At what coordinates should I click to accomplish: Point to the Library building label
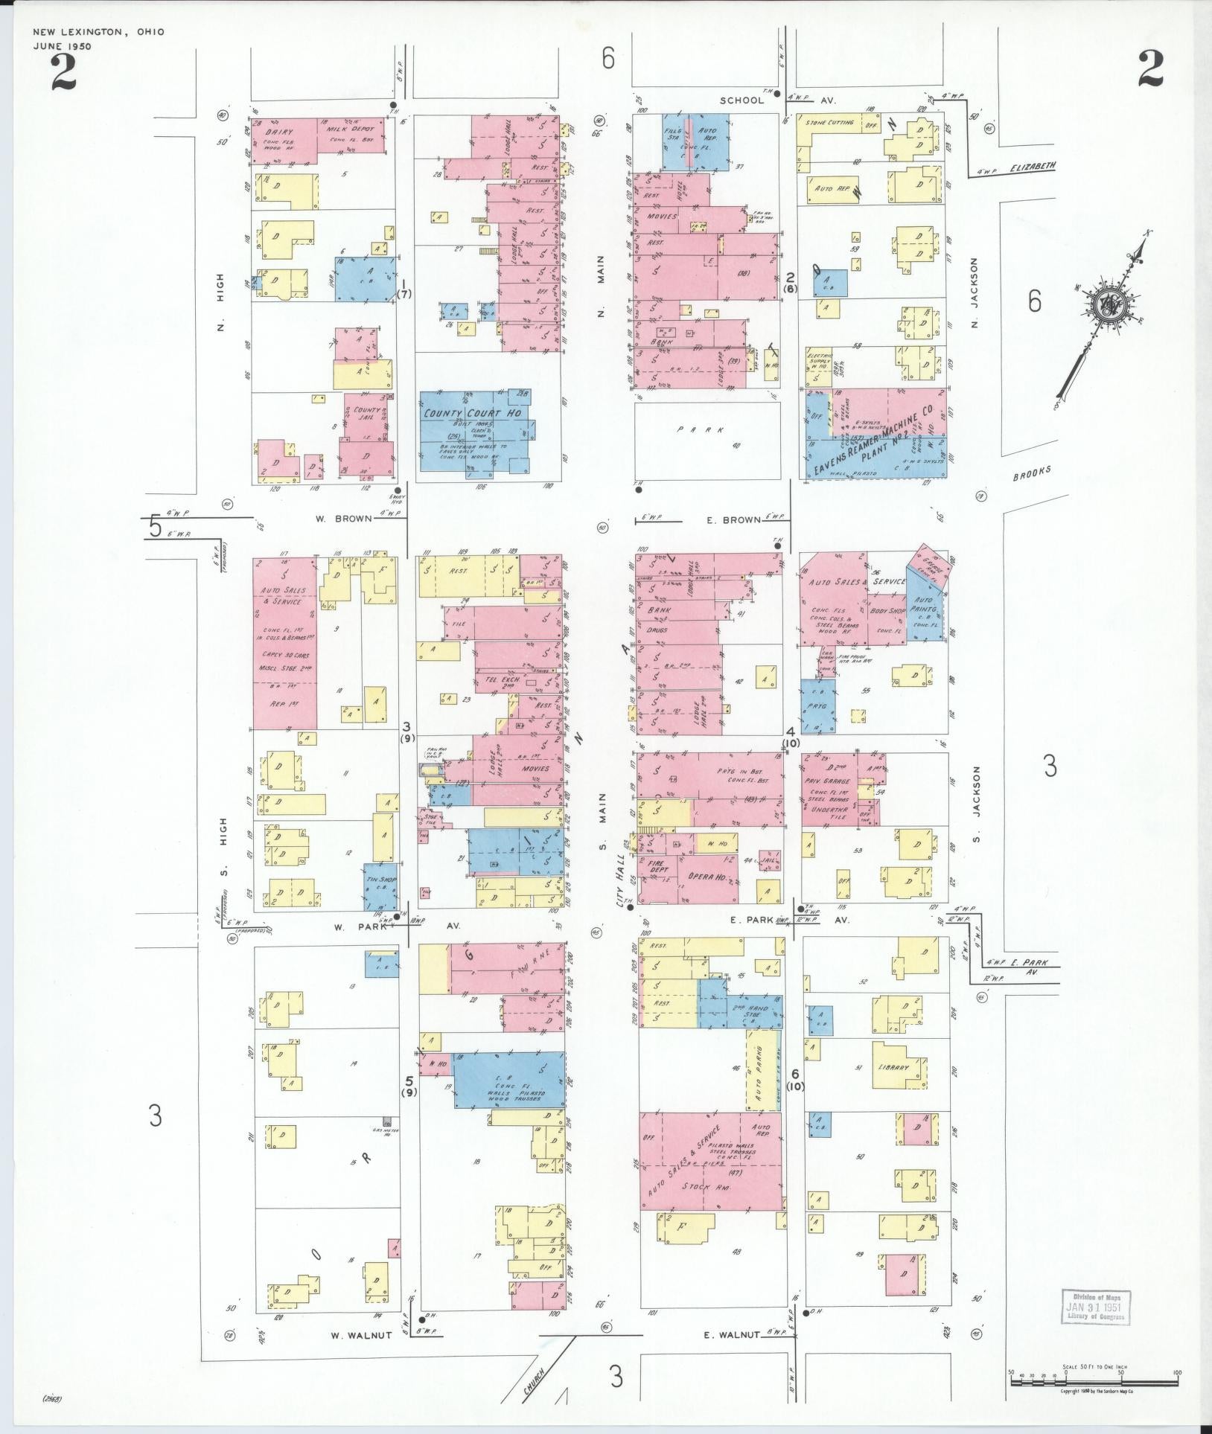[x=893, y=1067]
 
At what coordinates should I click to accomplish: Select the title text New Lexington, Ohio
[x=98, y=32]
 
